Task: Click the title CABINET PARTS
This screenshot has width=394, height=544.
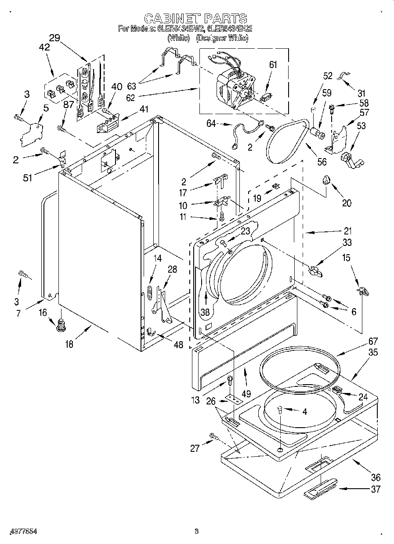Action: point(195,18)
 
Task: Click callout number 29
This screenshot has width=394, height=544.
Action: point(54,38)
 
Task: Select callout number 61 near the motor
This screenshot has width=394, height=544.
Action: point(273,65)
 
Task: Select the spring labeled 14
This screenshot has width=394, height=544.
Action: point(149,292)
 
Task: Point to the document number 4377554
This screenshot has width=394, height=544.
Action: point(22,531)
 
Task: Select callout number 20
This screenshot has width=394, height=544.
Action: point(347,203)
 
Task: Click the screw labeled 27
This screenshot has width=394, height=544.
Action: point(214,436)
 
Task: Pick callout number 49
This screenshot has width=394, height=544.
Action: point(246,394)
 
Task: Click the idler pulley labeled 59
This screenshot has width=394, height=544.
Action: point(317,132)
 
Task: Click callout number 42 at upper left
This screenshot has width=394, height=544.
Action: point(44,49)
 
